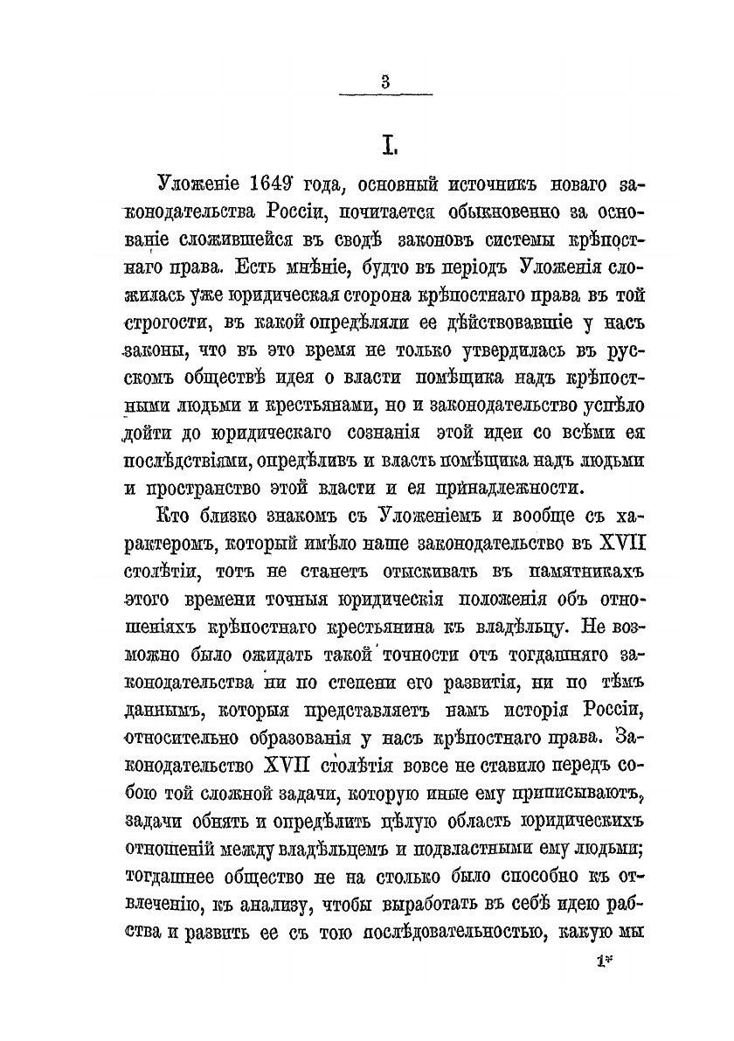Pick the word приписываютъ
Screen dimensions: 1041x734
coord(564,791)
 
